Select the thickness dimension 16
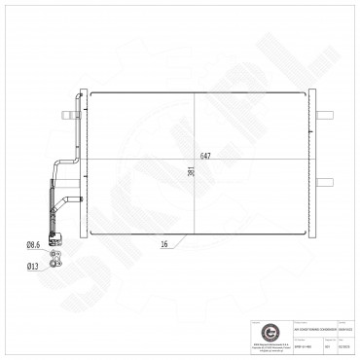[x=164, y=243]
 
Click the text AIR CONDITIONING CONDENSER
[x=292, y=313]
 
